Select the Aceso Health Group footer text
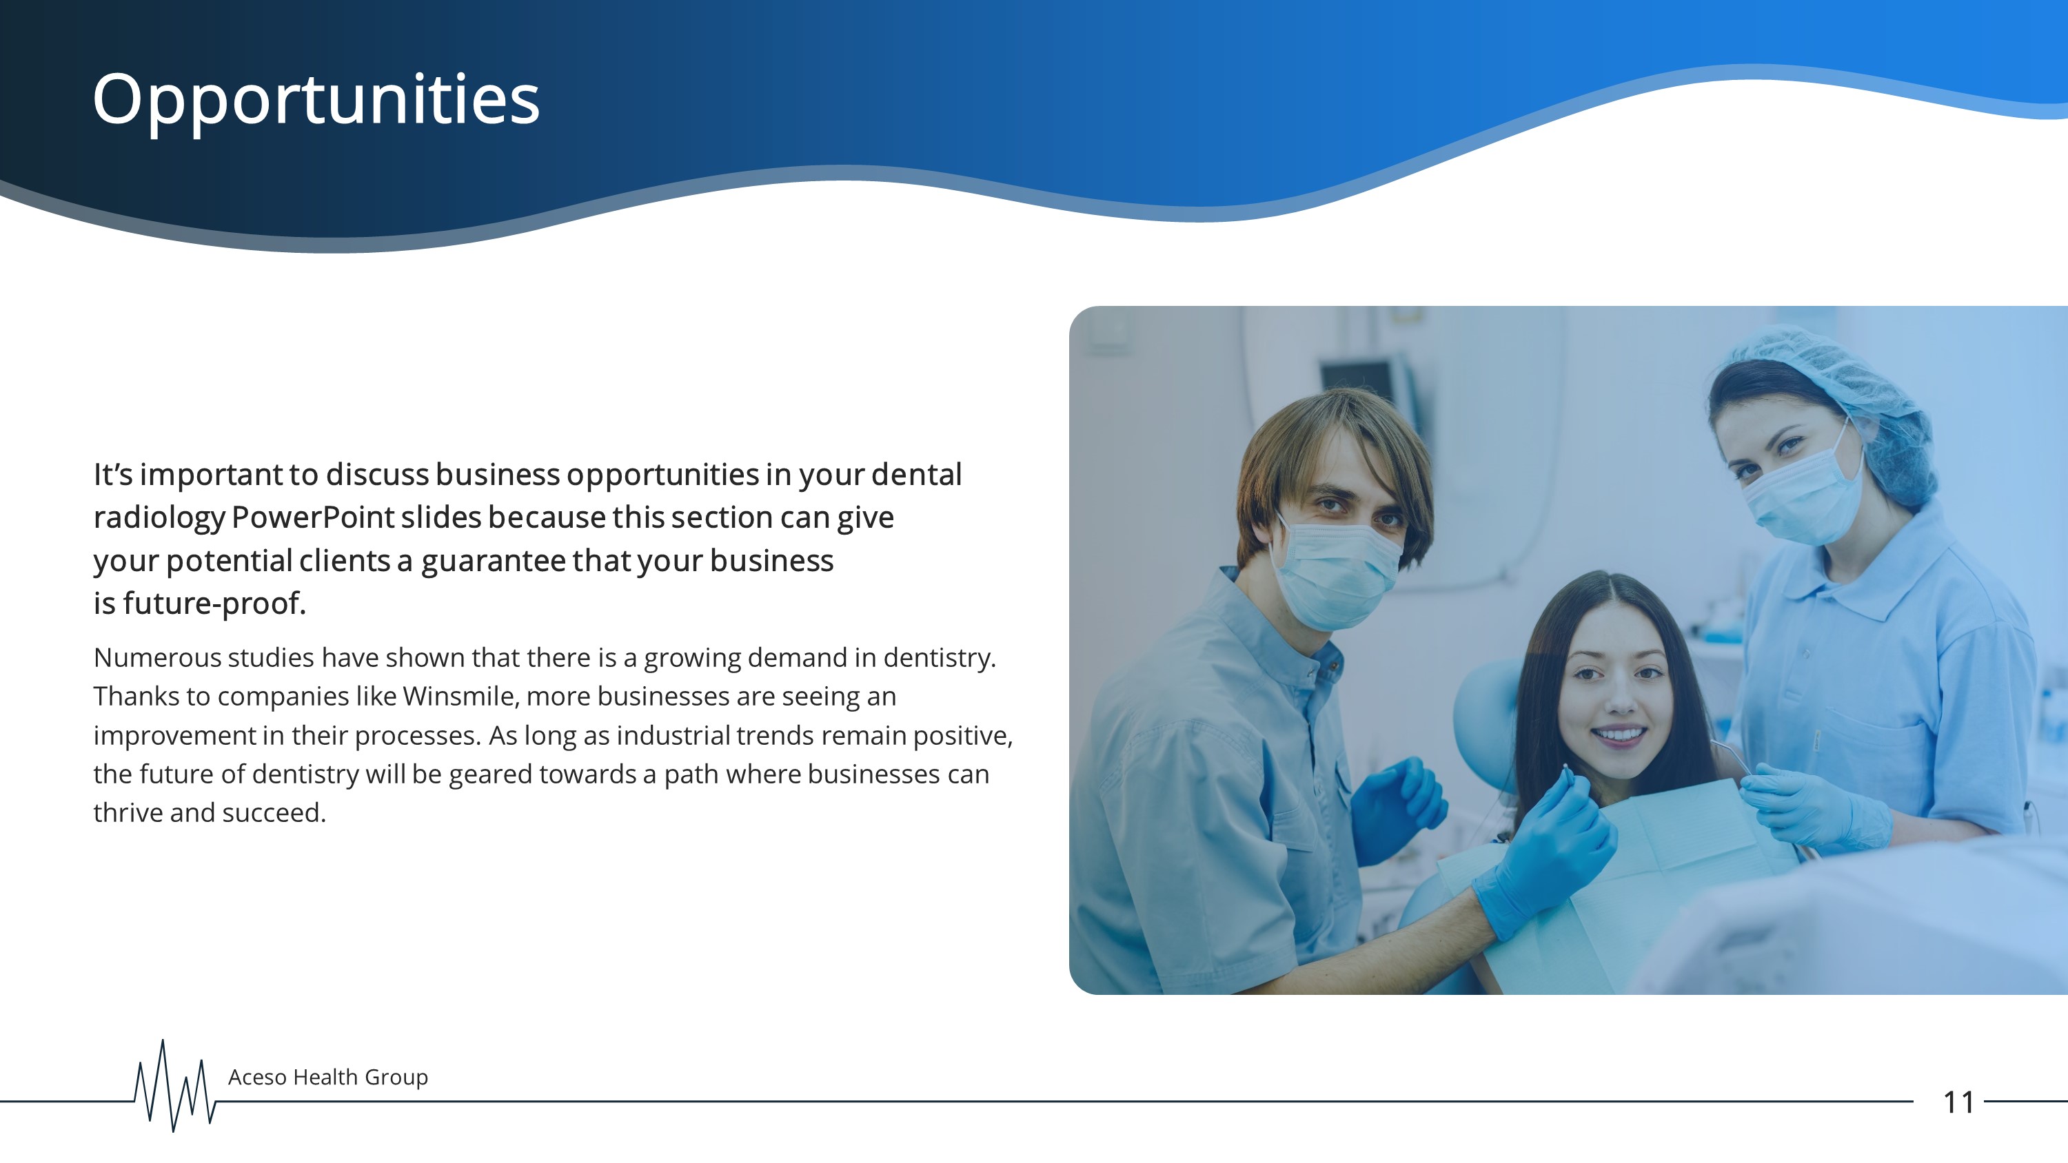[x=327, y=1077]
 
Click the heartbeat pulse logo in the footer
[x=174, y=1085]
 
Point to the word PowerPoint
[x=313, y=517]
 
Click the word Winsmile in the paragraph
[x=460, y=696]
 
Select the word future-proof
[x=214, y=604]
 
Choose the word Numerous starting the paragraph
[x=157, y=657]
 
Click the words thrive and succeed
[x=210, y=812]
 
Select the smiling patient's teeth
[x=1619, y=734]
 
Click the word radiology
[x=159, y=517]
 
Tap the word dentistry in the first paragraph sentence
[x=940, y=657]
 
